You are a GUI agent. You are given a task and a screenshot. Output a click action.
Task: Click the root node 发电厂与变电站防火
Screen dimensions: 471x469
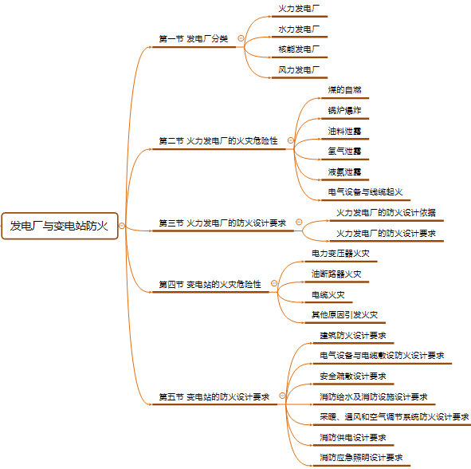pyautogui.click(x=60, y=226)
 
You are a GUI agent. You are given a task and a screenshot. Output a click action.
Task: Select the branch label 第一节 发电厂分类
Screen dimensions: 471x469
pyautogui.click(x=194, y=39)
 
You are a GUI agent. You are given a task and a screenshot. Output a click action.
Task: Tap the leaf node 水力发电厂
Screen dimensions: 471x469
pyautogui.click(x=299, y=30)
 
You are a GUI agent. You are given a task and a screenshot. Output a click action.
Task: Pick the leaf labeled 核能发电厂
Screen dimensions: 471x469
pyautogui.click(x=299, y=49)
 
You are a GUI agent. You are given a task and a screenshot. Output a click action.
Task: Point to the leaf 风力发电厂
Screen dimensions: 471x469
pyautogui.click(x=299, y=69)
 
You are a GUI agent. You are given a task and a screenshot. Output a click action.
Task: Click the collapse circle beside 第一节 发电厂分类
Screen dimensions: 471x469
pyautogui.click(x=241, y=38)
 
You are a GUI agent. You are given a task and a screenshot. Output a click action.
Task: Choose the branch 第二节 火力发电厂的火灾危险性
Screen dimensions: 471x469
pyautogui.click(x=218, y=140)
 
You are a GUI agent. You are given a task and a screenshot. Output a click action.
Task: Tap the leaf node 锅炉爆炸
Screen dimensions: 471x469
pyautogui.click(x=344, y=110)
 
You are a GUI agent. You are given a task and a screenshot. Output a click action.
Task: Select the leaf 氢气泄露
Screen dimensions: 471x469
pyautogui.click(x=344, y=152)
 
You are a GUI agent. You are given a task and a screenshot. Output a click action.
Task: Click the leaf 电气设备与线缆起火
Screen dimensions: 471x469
pyautogui.click(x=365, y=191)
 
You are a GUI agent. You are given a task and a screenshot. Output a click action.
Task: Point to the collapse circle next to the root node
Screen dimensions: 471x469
pyautogui.click(x=122, y=226)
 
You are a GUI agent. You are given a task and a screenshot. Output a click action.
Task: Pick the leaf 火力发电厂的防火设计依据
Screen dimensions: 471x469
pyautogui.click(x=386, y=212)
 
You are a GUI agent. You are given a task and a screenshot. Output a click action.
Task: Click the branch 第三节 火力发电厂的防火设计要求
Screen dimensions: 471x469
pyautogui.click(x=222, y=223)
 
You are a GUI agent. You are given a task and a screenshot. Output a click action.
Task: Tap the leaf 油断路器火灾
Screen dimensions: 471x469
pyautogui.click(x=336, y=274)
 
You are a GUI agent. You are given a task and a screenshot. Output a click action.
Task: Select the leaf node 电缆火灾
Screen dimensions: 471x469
pyautogui.click(x=328, y=295)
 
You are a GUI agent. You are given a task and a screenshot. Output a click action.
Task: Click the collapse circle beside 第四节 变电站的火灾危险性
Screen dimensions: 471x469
pyautogui.click(x=274, y=283)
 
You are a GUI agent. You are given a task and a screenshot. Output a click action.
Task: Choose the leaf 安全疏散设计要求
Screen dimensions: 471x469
pyautogui.click(x=353, y=376)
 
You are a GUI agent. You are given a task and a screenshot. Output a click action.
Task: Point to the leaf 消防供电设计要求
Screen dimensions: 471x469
pyautogui.click(x=353, y=437)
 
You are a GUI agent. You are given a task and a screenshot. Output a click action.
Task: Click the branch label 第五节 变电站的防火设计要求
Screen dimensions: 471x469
pyautogui.click(x=214, y=397)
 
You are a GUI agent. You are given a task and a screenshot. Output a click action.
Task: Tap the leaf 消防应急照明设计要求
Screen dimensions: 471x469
pyautogui.click(x=361, y=458)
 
